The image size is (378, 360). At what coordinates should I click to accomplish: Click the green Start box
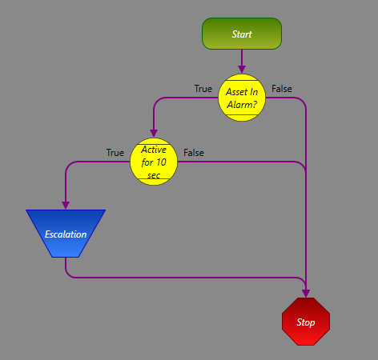[242, 34]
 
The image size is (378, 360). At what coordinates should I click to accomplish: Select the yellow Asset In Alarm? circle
[242, 98]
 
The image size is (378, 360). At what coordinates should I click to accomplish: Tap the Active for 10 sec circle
[154, 162]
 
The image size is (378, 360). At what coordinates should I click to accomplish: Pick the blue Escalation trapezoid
[66, 234]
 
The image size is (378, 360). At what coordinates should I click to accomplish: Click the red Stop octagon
[306, 322]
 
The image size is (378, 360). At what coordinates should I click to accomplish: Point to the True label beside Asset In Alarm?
[203, 89]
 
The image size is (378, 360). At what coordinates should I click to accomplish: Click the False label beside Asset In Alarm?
[282, 89]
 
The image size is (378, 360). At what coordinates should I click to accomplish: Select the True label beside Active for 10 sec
[115, 153]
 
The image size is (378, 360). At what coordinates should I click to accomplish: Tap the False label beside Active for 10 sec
[194, 153]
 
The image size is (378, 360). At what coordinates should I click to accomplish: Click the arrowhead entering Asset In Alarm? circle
[242, 70]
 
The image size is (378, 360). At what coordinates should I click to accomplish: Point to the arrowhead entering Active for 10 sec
[154, 134]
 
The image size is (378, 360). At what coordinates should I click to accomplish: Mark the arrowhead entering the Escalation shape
[66, 206]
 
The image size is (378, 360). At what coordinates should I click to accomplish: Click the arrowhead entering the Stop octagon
[306, 294]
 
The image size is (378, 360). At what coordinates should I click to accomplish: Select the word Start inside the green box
[242, 34]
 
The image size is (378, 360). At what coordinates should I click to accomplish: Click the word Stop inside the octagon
[306, 322]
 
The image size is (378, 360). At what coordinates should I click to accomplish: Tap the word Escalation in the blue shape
[66, 234]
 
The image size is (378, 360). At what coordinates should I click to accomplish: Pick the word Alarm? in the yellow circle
[242, 105]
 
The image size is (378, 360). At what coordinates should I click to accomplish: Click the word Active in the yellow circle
[154, 150]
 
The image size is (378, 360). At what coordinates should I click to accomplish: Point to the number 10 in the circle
[161, 162]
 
